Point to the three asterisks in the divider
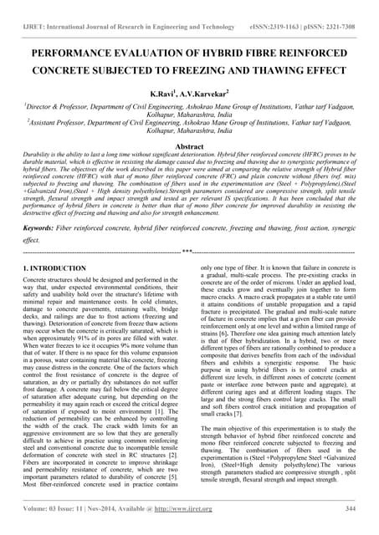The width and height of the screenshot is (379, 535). pos(189,251)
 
